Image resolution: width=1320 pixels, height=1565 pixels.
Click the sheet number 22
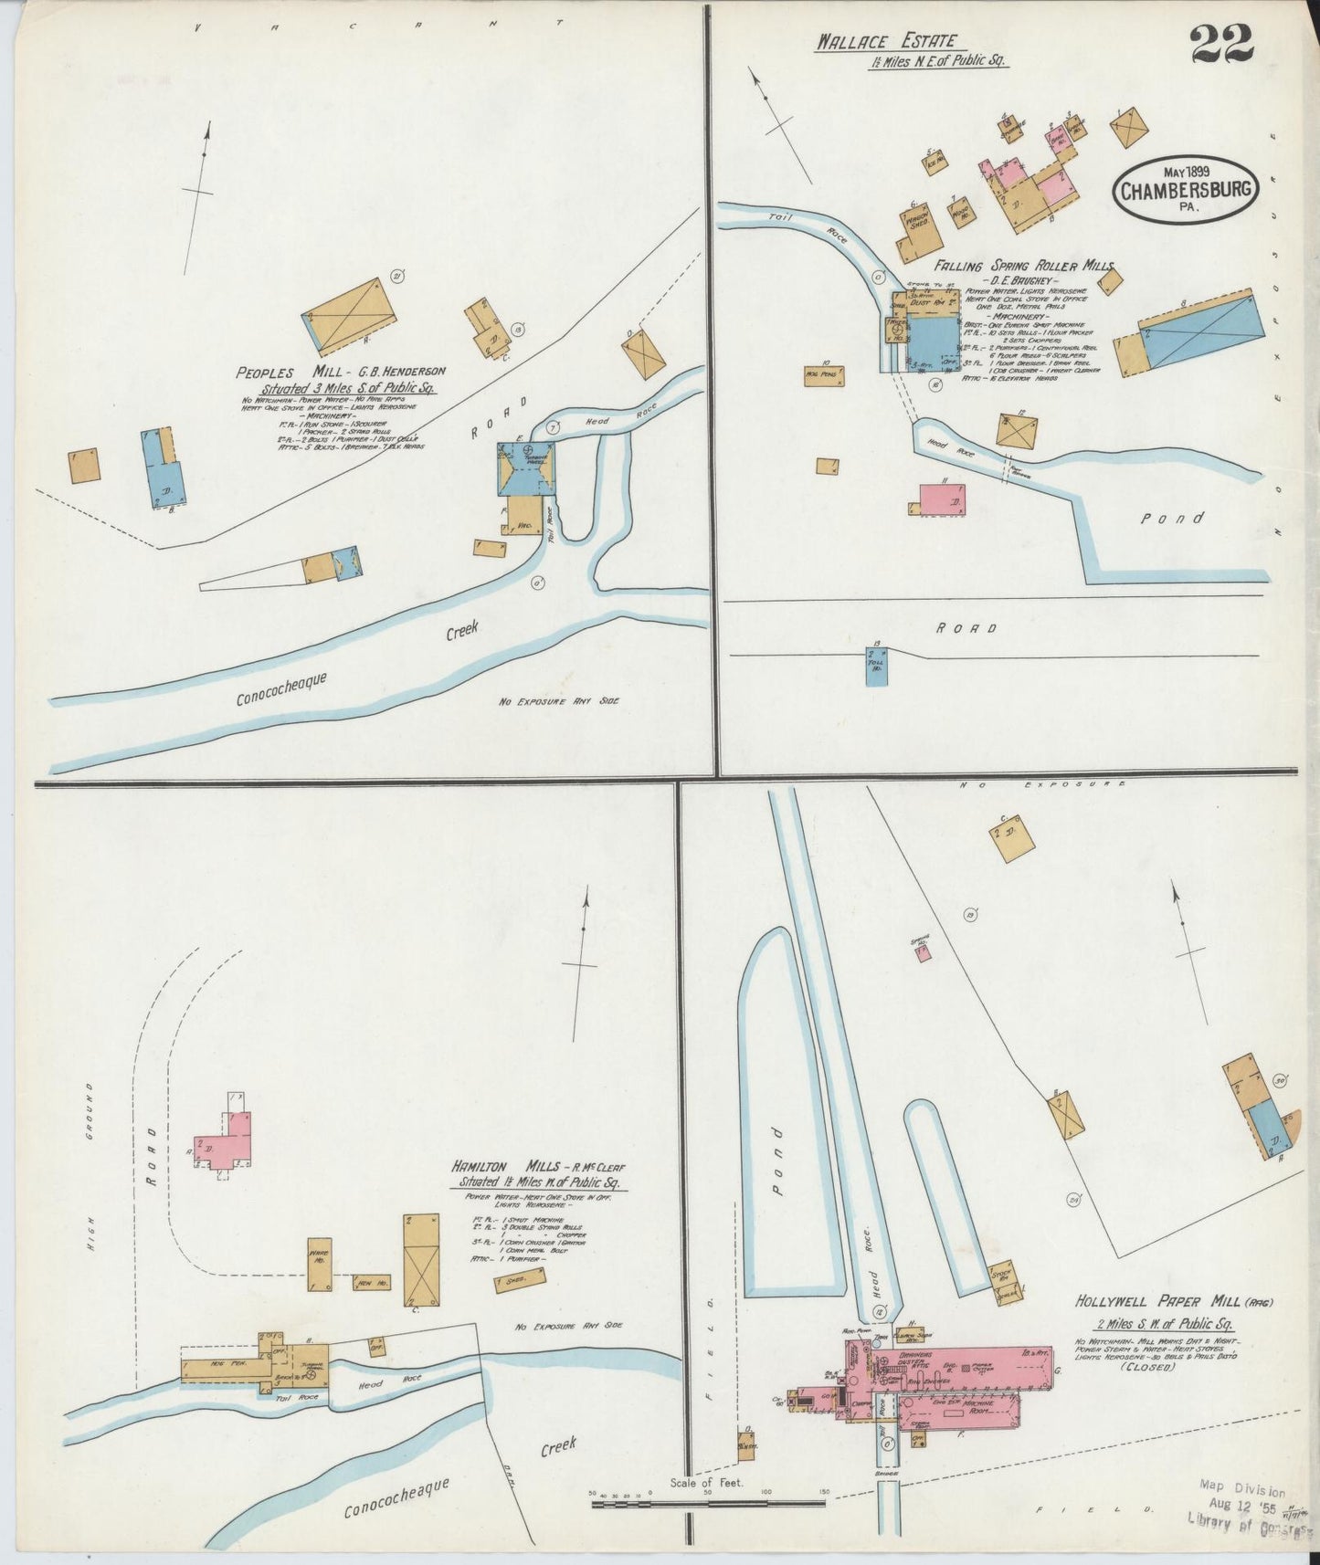pyautogui.click(x=1220, y=45)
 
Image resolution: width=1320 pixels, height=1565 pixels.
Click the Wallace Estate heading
pyautogui.click(x=886, y=41)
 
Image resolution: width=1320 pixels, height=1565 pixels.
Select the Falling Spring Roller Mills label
pyautogui.click(x=1023, y=266)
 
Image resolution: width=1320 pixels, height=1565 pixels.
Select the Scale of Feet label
pyautogui.click(x=706, y=1483)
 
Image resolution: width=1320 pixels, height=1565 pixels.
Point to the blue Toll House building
pyautogui.click(x=876, y=667)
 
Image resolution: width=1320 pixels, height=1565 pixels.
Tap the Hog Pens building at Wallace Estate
pyautogui.click(x=824, y=375)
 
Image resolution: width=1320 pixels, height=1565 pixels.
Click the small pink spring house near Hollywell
pyautogui.click(x=923, y=951)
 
